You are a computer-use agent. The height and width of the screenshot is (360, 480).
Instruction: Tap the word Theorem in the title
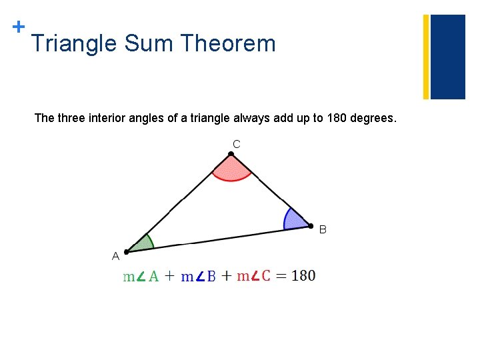tap(228, 44)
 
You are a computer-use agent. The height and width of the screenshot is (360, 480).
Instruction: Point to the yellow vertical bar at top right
tap(426, 57)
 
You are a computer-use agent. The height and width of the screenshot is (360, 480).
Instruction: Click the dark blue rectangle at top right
tap(447, 57)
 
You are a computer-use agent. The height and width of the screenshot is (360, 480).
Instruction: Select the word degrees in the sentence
tap(374, 119)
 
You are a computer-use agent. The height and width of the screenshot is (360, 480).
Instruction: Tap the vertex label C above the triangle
tap(237, 143)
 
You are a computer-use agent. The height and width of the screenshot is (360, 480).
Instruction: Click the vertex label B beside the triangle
tap(323, 229)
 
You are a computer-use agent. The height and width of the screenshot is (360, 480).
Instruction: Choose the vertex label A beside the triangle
tap(115, 255)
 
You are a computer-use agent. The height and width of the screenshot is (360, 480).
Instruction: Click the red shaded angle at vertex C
tap(231, 170)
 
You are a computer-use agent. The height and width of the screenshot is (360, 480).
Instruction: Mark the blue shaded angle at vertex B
tap(295, 220)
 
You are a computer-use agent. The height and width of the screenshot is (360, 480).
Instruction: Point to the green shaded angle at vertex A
tap(141, 244)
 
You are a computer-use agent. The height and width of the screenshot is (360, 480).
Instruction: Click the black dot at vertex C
tap(231, 155)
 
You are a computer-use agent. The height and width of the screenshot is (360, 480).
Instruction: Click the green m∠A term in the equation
tap(141, 276)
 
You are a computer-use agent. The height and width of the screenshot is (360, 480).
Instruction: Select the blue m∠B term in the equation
tap(199, 276)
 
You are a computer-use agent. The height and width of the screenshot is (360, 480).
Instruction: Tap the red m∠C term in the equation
tap(254, 275)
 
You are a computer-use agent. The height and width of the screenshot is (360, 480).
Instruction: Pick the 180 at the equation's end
tap(303, 275)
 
